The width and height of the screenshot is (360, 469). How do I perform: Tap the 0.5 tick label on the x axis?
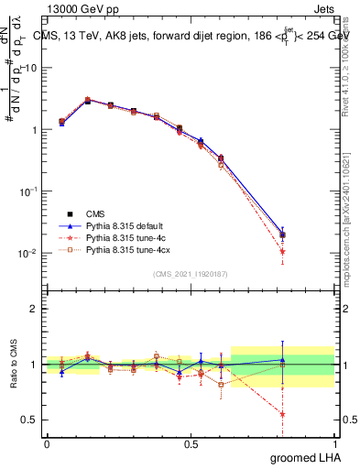(191, 443)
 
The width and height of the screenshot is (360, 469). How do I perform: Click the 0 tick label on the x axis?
(47, 443)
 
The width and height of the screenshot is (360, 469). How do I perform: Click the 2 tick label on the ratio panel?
(35, 309)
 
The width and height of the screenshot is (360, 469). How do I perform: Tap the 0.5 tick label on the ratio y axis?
(30, 420)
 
